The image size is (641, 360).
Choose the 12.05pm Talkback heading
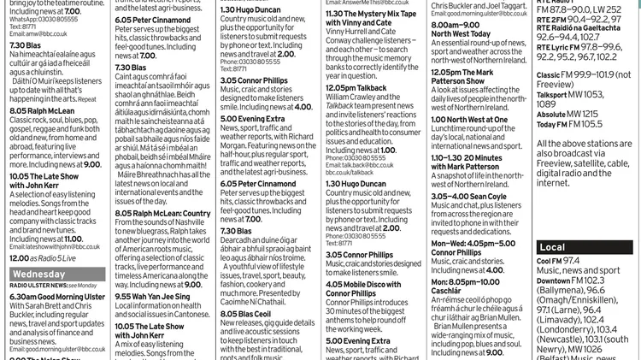(x=356, y=87)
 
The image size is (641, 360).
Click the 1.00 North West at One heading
(x=469, y=120)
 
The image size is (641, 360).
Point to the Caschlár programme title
(x=450, y=291)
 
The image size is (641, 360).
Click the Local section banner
(x=552, y=247)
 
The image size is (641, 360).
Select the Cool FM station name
(x=550, y=260)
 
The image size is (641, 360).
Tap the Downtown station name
(x=554, y=280)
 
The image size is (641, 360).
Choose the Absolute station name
(x=552, y=113)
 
